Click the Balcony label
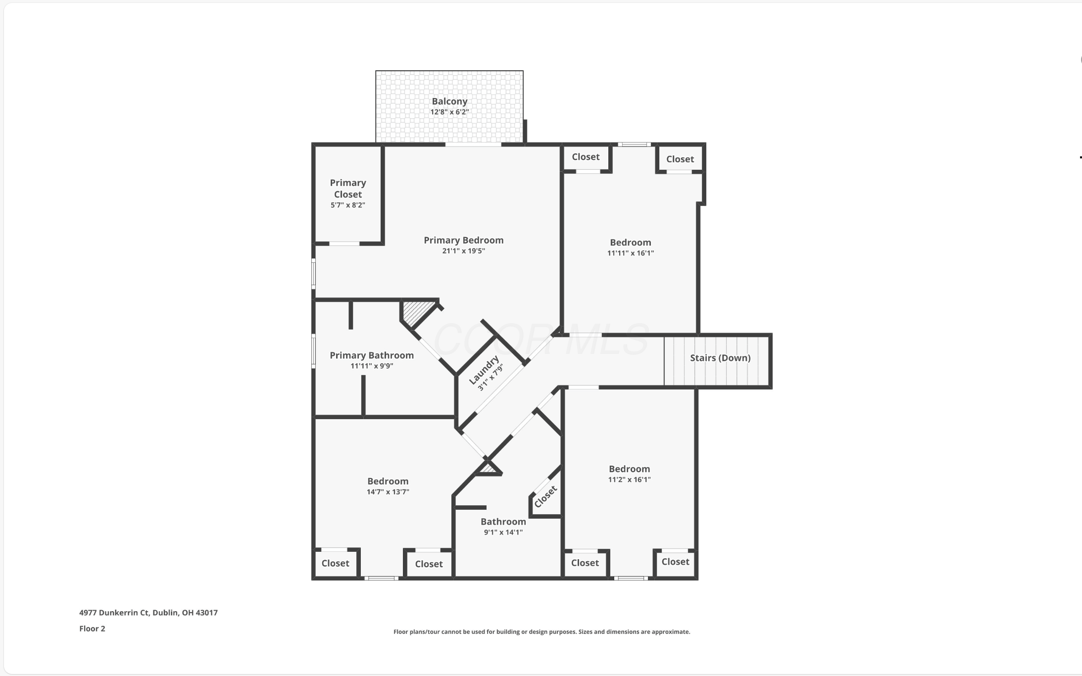coord(449,101)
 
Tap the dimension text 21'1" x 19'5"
coord(463,251)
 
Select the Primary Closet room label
coord(348,189)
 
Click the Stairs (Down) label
coord(720,358)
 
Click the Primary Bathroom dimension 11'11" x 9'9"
coord(372,366)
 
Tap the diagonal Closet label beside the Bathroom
coord(546,496)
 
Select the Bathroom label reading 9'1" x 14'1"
coord(503,532)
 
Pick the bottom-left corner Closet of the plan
coord(335,563)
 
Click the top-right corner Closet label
coord(680,159)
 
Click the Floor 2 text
coord(92,628)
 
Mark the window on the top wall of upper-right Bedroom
coord(634,145)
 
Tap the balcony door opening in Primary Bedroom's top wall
coord(473,145)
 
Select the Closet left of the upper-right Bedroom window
coord(586,157)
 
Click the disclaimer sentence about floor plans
coord(541,632)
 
